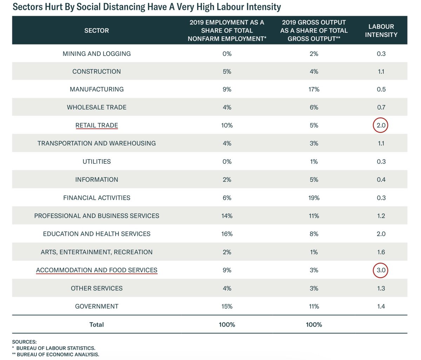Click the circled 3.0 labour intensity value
tap(381, 270)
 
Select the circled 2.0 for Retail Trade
tap(381, 125)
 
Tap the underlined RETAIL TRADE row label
tap(96, 125)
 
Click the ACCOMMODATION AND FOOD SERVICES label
tap(96, 270)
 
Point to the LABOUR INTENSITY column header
tap(381, 30)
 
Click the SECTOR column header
tap(96, 30)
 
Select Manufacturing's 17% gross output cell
tap(314, 89)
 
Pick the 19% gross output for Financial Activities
tap(314, 198)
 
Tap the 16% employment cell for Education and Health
tap(227, 234)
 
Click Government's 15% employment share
tap(227, 306)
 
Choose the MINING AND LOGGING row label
tap(96, 54)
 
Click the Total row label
tap(96, 325)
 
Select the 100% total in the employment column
tap(227, 325)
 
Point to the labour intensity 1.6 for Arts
tap(381, 252)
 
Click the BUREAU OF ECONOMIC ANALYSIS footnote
tap(58, 354)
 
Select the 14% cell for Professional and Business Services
tap(227, 216)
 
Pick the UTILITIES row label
tap(96, 162)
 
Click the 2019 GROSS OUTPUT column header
tap(314, 30)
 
